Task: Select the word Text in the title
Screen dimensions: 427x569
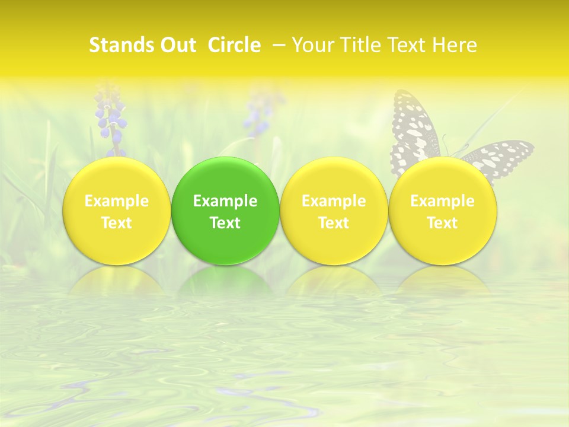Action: click(x=407, y=45)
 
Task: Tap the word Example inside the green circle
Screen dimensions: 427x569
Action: click(x=225, y=201)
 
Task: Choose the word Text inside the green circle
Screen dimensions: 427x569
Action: click(x=225, y=223)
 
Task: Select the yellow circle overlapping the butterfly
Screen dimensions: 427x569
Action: click(x=442, y=243)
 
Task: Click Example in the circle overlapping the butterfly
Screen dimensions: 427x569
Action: click(x=442, y=201)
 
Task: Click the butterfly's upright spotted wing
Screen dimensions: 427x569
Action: click(x=413, y=125)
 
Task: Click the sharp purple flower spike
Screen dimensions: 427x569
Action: click(x=111, y=119)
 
